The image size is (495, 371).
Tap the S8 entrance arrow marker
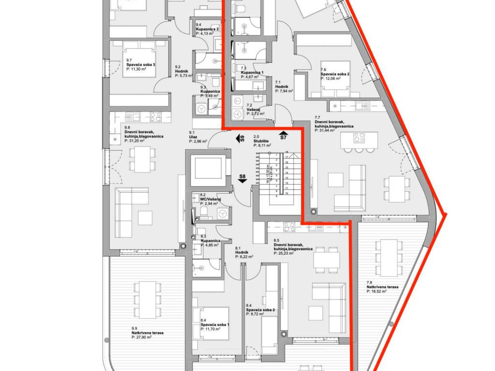pos(243,180)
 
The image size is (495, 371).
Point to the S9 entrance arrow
pos(239,139)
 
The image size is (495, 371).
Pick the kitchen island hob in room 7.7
pos(359,138)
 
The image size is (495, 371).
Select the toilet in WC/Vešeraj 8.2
pos(204,213)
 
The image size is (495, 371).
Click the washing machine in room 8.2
pos(222,213)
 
